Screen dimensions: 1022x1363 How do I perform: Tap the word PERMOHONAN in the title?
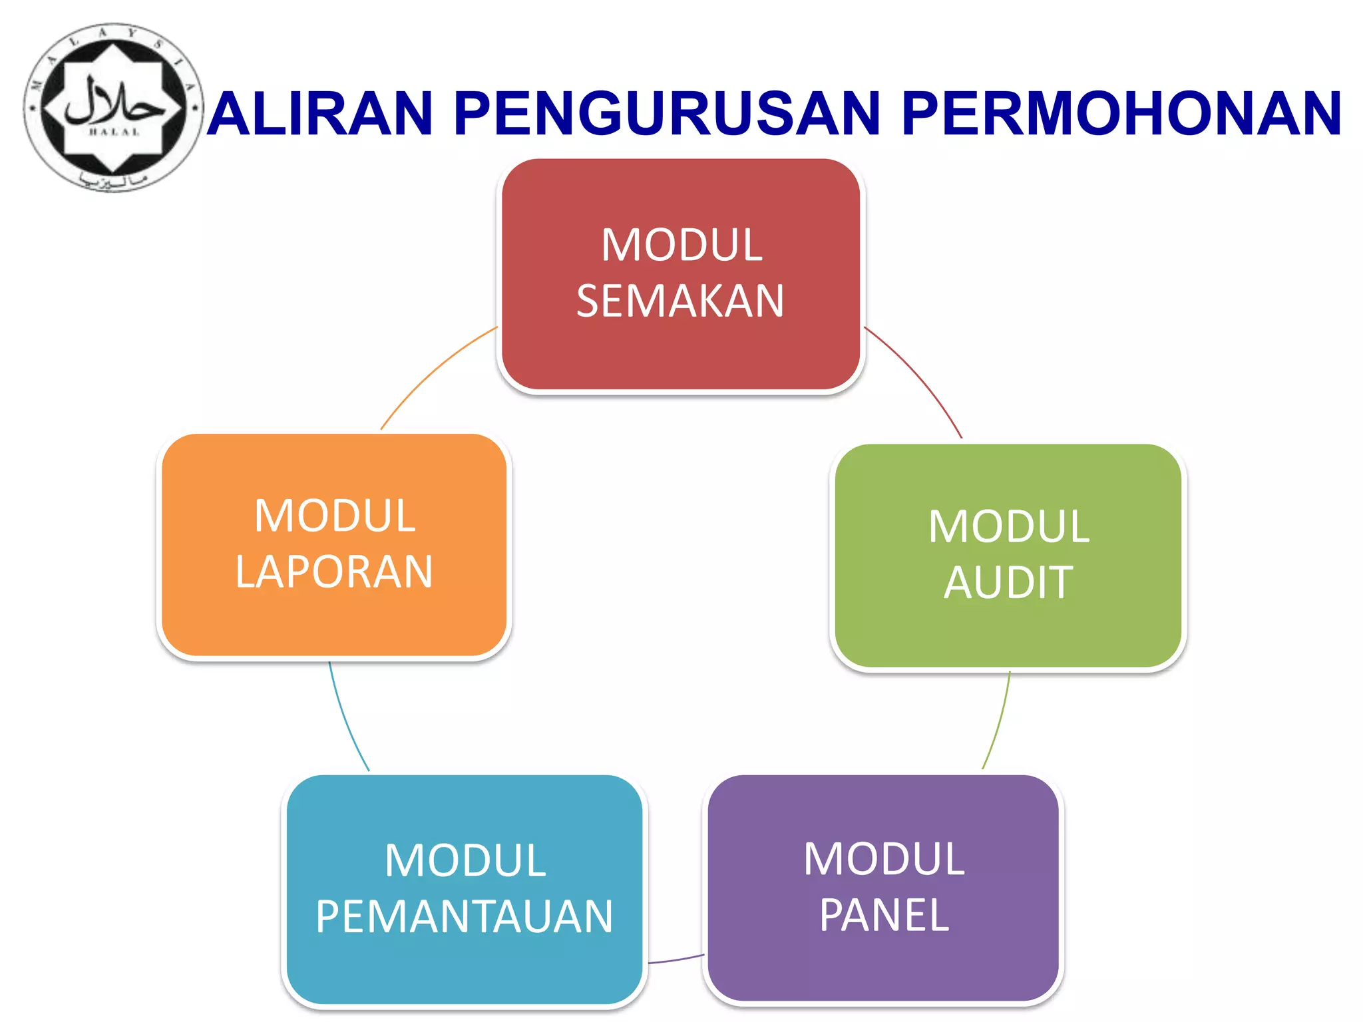click(x=1121, y=114)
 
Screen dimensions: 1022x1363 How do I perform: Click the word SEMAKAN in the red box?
click(x=680, y=301)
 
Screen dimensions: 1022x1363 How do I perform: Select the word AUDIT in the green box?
click(x=1008, y=583)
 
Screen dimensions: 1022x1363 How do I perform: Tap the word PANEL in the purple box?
click(x=884, y=916)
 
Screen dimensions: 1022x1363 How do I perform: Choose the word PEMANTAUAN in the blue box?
click(x=464, y=917)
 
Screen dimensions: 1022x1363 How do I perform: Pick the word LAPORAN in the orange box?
click(x=334, y=572)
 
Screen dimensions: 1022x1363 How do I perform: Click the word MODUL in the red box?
click(x=681, y=245)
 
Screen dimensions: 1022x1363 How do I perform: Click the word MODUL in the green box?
click(x=1008, y=526)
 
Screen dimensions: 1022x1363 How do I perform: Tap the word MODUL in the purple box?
click(x=884, y=859)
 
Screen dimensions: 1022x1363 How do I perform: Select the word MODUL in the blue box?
click(x=465, y=860)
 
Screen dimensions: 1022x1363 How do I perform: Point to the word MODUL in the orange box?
click(x=335, y=516)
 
